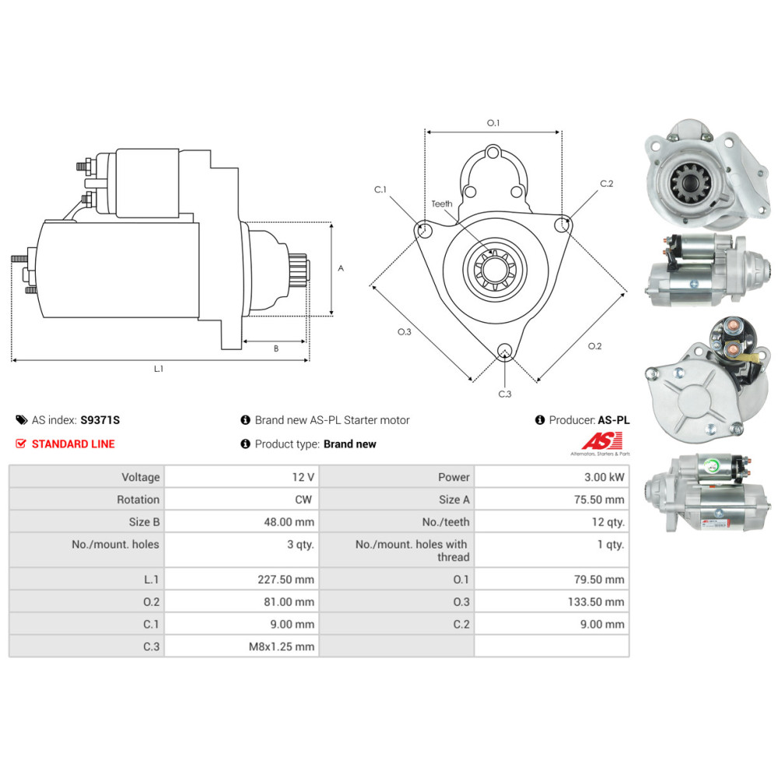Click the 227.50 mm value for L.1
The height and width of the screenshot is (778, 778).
coord(286,580)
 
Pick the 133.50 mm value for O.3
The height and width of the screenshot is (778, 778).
coord(596,602)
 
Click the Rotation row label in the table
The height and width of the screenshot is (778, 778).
coord(138,499)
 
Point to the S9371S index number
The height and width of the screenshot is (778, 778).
coord(100,420)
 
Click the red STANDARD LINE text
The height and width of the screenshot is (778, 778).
coord(72,444)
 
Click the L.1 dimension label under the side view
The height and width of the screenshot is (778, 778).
coord(159,369)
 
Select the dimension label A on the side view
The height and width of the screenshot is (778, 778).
coord(341,268)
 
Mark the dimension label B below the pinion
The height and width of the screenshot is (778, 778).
coord(275,349)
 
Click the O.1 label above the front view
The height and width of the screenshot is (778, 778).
coord(493,123)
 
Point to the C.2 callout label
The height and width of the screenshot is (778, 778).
coord(607,184)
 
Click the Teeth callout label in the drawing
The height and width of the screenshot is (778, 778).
coord(442,204)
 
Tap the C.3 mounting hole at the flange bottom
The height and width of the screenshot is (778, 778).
coord(505,351)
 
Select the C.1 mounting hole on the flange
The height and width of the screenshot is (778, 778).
coord(424,230)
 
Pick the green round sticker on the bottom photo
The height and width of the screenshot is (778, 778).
coord(712,468)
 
